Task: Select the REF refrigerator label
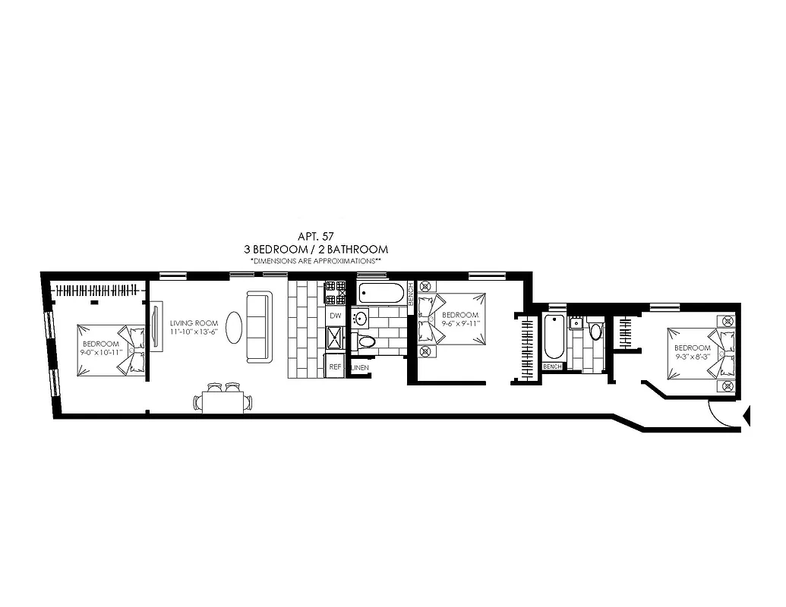(334, 366)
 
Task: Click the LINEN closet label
(360, 367)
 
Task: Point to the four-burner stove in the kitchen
(335, 291)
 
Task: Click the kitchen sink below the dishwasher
(335, 338)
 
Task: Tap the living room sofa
(257, 327)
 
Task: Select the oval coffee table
(235, 329)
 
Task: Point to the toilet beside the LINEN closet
(367, 341)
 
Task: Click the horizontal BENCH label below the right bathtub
(552, 366)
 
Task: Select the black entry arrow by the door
(746, 415)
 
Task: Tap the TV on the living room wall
(156, 326)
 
